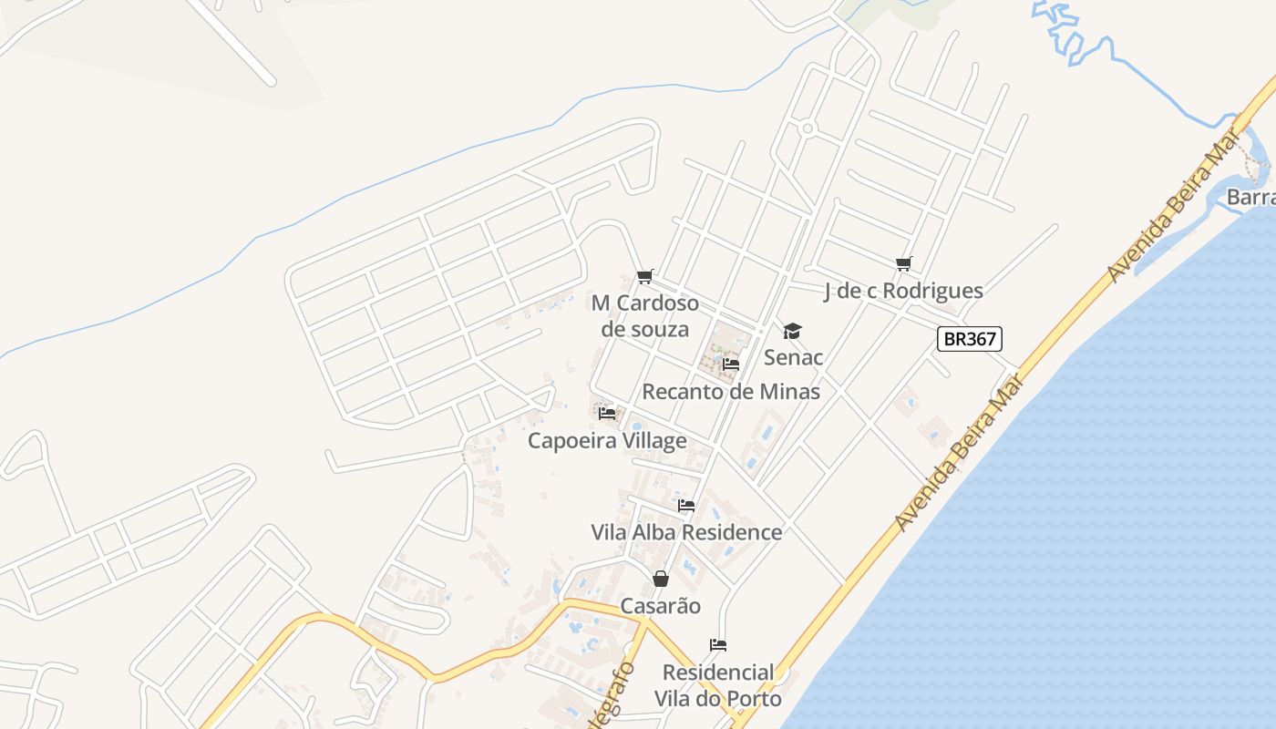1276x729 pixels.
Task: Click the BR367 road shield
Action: [970, 339]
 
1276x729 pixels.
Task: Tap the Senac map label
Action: [793, 357]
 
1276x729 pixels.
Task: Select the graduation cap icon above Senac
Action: [792, 331]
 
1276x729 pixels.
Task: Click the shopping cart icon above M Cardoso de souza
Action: [645, 276]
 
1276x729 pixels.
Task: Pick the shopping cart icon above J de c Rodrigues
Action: [904, 264]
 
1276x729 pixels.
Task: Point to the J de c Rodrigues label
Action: [903, 291]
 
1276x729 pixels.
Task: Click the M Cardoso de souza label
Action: [645, 315]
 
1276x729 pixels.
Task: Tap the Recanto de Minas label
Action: [731, 392]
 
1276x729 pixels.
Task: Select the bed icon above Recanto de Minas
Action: [730, 364]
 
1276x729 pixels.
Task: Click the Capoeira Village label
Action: [608, 441]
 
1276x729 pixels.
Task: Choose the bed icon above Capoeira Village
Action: [607, 414]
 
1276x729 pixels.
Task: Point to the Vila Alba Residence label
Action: [686, 532]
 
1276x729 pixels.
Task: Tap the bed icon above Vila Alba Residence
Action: [686, 505]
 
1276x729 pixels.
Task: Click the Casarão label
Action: [661, 606]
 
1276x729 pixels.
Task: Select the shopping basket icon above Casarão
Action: [661, 579]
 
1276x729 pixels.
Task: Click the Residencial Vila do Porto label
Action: [718, 685]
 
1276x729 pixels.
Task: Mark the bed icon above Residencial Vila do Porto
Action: [718, 645]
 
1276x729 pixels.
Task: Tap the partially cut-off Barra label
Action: [1250, 197]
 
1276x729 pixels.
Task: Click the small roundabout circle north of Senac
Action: [807, 129]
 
